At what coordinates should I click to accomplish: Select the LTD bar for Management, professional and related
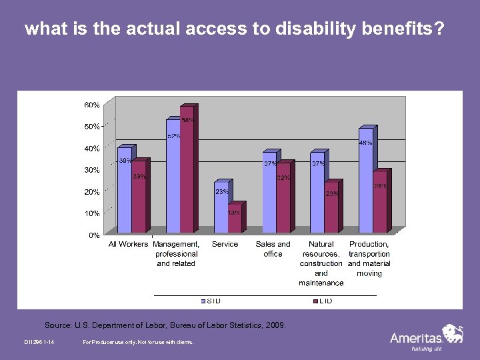(x=187, y=170)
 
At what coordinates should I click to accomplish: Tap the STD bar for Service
(x=221, y=207)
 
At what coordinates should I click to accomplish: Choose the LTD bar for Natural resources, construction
(x=331, y=207)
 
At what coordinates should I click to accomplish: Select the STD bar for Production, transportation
(x=365, y=180)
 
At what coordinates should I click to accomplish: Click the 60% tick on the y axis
(x=92, y=105)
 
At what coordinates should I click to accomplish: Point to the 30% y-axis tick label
(x=92, y=170)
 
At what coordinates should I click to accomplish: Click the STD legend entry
(x=212, y=301)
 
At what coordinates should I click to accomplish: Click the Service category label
(x=225, y=244)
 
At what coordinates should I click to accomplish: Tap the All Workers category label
(x=128, y=244)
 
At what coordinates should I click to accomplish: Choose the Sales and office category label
(x=273, y=249)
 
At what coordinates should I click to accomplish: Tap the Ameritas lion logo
(x=453, y=333)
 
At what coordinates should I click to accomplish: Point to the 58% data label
(x=189, y=121)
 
